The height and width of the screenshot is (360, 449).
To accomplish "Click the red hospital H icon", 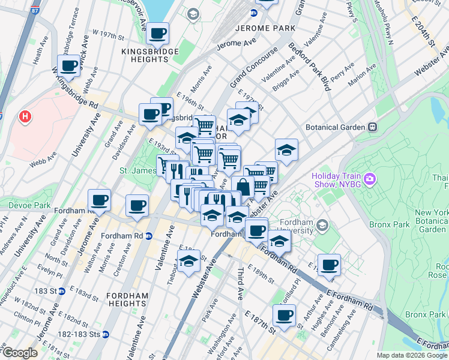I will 25,115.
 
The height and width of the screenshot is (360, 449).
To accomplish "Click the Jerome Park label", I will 265,28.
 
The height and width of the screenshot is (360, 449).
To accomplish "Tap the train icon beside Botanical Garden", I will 373,127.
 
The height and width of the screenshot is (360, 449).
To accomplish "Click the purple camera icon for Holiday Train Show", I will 370,179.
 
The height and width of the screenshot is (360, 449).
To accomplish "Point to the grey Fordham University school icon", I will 323,225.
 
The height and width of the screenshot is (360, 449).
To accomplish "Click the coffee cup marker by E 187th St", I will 284,314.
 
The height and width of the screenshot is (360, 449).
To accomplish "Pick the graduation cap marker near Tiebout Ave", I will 188,261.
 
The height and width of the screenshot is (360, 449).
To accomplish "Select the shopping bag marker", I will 243,187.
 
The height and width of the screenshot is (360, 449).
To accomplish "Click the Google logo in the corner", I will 20,353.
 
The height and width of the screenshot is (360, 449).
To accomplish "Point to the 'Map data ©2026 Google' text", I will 411,355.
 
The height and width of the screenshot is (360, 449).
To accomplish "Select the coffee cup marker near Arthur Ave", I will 328,265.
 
